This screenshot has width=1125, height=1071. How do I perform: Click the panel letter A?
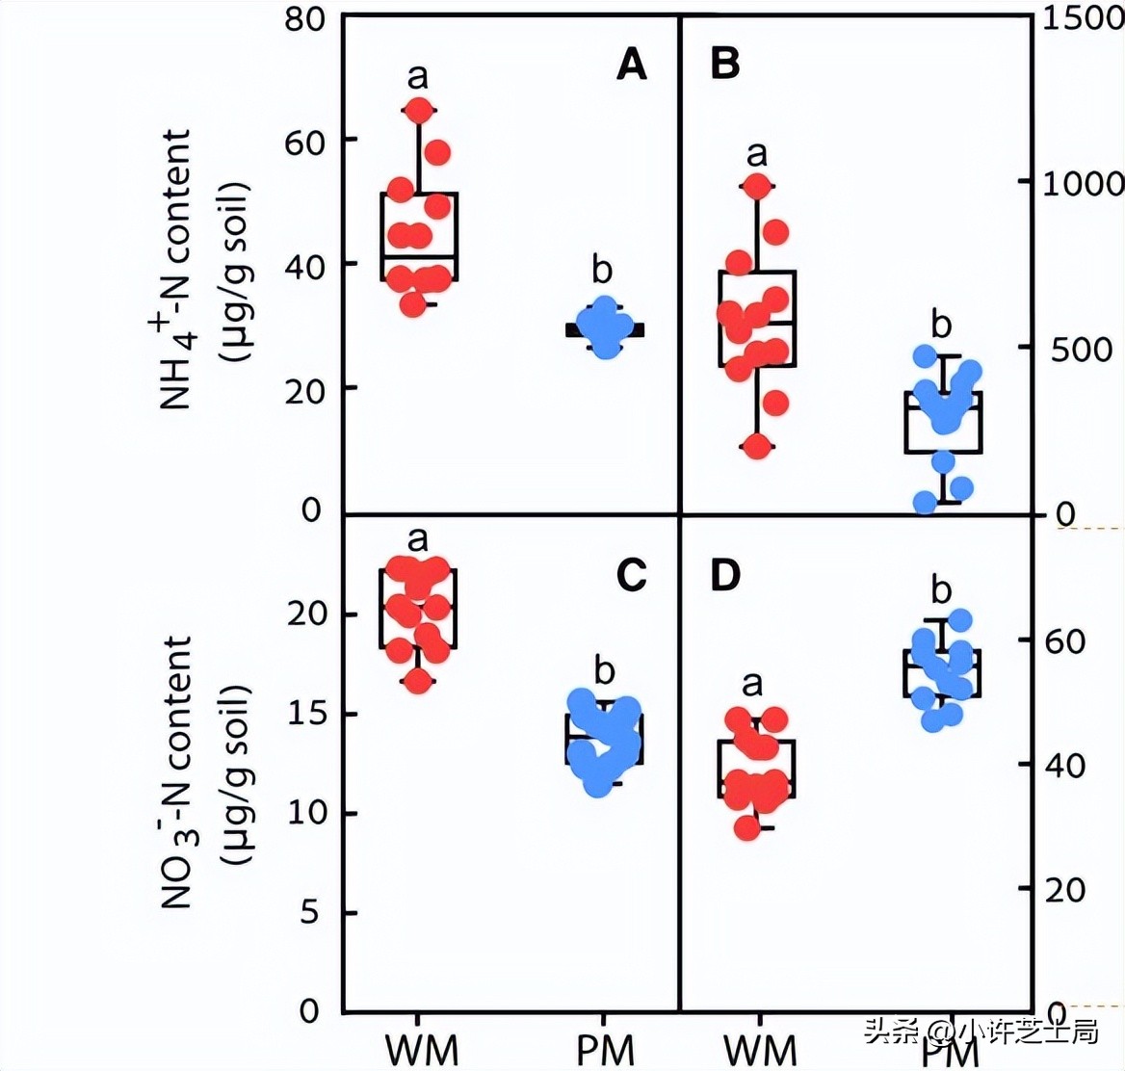pyautogui.click(x=631, y=65)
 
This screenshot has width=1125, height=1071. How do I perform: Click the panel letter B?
pyautogui.click(x=724, y=65)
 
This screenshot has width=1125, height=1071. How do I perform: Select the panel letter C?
pyautogui.click(x=631, y=575)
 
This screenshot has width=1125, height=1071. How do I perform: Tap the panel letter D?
pyautogui.click(x=724, y=575)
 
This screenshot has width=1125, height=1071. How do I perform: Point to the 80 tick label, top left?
pyautogui.click(x=305, y=18)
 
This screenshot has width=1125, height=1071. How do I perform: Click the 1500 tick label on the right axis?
pyautogui.click(x=1083, y=18)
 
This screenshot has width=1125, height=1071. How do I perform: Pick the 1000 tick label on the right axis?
pyautogui.click(x=1083, y=182)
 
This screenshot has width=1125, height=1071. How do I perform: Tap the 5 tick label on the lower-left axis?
pyautogui.click(x=309, y=912)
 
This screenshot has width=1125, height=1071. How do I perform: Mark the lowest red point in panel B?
pyautogui.click(x=757, y=447)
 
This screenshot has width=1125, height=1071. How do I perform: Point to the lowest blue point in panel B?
pyautogui.click(x=926, y=502)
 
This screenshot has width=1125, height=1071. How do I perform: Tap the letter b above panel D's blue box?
pyautogui.click(x=941, y=589)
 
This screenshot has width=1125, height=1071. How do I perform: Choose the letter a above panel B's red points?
pyautogui.click(x=757, y=153)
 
